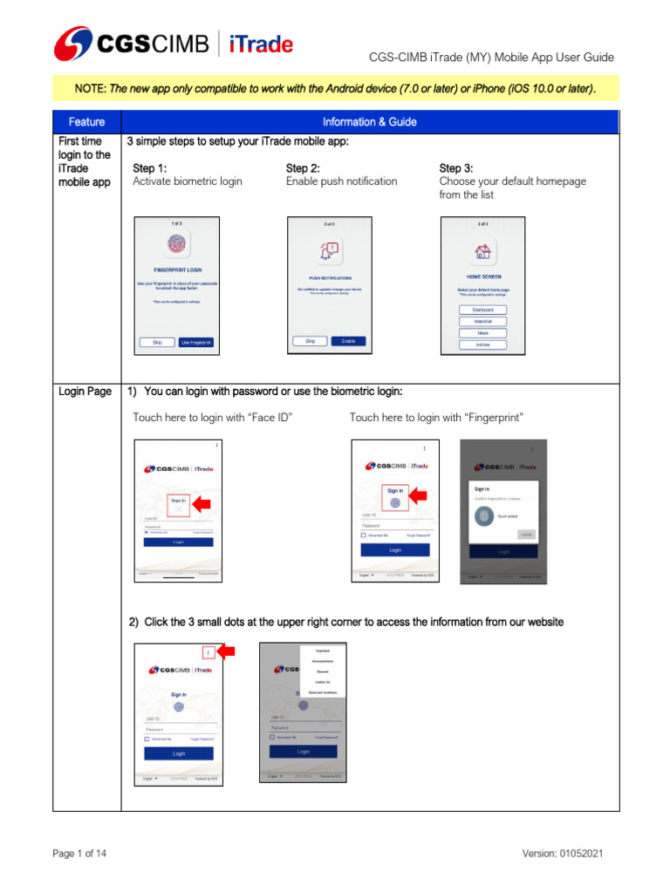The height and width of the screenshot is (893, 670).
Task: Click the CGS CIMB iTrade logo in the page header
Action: (174, 43)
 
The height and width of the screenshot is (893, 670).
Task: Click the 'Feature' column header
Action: (86, 122)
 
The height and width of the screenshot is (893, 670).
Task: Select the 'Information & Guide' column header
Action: (369, 122)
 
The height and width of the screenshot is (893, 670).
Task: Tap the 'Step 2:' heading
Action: (303, 168)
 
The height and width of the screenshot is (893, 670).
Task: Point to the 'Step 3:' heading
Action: (456, 168)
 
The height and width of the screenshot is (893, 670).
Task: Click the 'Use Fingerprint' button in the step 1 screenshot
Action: (196, 343)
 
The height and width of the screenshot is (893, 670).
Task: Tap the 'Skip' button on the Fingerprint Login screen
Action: (157, 343)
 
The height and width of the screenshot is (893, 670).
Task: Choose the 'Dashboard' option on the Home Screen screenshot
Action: (482, 310)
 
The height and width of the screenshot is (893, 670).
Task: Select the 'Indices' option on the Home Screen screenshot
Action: (482, 344)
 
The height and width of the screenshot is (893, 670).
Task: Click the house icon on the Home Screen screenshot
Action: (482, 253)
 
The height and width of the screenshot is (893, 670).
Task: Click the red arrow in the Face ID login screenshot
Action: (202, 503)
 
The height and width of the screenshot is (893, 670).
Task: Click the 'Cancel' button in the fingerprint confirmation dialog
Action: (527, 534)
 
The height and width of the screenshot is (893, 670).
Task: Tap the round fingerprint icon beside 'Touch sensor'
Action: (484, 516)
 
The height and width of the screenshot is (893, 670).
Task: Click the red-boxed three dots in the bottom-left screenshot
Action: (209, 651)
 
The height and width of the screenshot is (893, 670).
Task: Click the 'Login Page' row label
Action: (85, 392)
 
